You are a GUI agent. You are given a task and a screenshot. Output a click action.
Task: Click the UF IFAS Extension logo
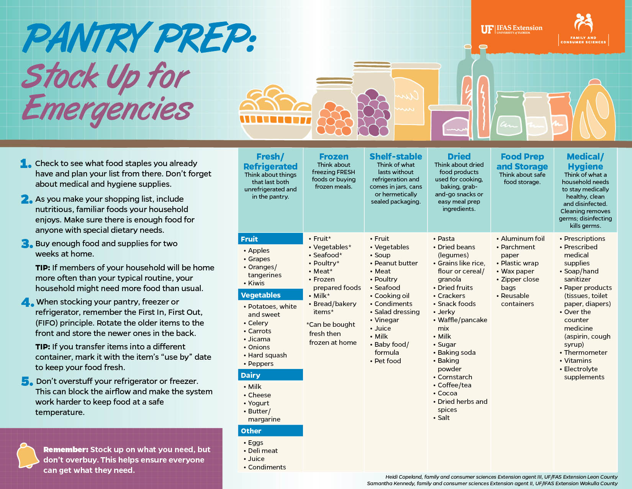511,29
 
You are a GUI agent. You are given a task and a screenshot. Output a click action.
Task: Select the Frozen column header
334,156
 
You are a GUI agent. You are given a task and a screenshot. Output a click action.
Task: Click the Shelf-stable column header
396,156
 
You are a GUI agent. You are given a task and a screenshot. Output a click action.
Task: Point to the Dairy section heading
251,375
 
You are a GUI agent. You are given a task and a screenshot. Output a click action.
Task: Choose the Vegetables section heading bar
270,295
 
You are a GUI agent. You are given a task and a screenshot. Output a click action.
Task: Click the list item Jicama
259,339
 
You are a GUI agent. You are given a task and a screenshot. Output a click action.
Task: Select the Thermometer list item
585,352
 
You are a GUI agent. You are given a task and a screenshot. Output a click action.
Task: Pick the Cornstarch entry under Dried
455,377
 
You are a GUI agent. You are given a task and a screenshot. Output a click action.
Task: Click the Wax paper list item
517,271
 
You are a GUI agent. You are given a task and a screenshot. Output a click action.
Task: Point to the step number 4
27,302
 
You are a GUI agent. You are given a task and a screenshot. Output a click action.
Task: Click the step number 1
26,164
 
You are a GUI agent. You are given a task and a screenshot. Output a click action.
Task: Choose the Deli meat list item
262,451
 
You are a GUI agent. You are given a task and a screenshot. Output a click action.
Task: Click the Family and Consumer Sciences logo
583,29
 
